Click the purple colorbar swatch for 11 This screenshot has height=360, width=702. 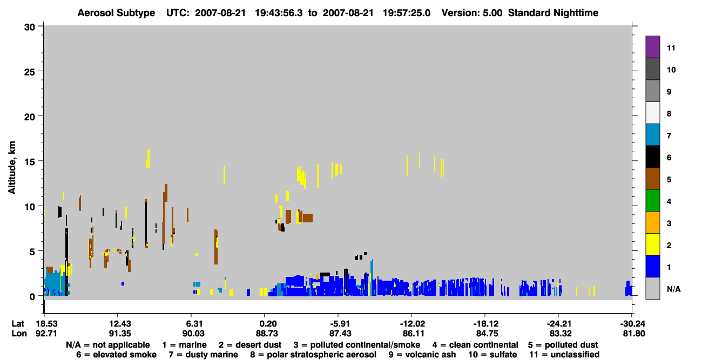[652, 46]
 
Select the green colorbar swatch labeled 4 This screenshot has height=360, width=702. [652, 201]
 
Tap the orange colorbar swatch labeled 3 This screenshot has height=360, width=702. [652, 222]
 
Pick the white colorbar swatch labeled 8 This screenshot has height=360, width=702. [652, 112]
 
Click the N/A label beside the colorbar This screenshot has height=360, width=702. [673, 289]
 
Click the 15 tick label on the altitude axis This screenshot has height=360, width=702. [30, 162]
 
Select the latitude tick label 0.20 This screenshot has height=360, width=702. [268, 324]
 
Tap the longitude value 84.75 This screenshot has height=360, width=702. [487, 334]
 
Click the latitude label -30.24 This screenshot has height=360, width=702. [631, 324]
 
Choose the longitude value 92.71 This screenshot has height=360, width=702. [46, 334]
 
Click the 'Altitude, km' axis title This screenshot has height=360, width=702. [12, 168]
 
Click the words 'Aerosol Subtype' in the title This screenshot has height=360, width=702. [116, 13]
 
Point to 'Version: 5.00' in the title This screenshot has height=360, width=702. [472, 13]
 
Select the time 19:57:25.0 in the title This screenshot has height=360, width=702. [407, 13]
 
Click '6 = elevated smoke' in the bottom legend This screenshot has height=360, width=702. [117, 355]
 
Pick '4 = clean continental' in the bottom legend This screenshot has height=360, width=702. [475, 345]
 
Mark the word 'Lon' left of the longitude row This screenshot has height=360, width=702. [19, 334]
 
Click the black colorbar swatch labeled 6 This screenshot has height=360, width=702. [652, 157]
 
